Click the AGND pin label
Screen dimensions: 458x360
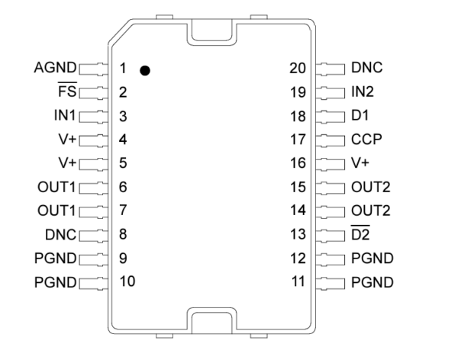tap(55, 68)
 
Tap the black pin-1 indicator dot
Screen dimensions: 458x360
tap(145, 71)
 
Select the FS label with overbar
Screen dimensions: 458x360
tap(67, 90)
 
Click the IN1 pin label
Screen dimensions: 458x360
tap(65, 115)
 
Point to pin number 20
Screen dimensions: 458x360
tap(298, 69)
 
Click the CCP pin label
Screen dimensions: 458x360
tap(366, 140)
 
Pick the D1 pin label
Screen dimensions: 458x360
tap(360, 115)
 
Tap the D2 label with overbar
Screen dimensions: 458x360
tap(360, 233)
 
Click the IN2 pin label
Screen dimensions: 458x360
tap(363, 92)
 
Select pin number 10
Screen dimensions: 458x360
tap(127, 281)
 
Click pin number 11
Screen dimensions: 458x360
tap(298, 281)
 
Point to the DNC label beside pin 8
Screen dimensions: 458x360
tap(60, 235)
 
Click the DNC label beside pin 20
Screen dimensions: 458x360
tap(367, 68)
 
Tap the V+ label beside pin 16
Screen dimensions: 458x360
tap(360, 163)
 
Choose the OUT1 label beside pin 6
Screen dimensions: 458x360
tap(56, 187)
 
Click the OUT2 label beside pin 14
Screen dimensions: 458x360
tap(371, 211)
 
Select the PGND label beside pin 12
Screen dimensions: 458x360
tap(373, 259)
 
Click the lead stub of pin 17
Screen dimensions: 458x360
tap(331, 140)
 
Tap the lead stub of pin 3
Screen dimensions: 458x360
tap(93, 117)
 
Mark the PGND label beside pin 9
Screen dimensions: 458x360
tap(55, 259)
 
